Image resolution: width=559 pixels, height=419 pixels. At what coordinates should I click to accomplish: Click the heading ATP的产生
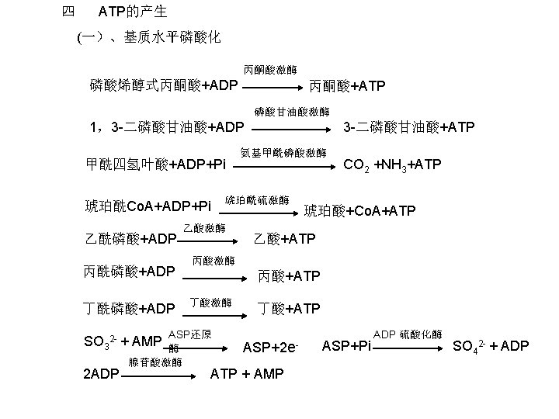[x=133, y=12]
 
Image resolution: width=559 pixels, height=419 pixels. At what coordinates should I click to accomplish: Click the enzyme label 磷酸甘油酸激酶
[x=292, y=111]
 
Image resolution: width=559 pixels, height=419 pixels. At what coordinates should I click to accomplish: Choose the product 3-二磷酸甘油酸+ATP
[x=409, y=126]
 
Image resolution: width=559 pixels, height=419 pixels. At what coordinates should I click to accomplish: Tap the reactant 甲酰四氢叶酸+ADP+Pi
[x=155, y=164]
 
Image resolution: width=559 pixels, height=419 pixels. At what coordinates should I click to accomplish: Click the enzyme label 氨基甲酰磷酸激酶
[x=283, y=152]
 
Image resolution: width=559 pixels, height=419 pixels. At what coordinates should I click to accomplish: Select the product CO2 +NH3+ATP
[x=393, y=164]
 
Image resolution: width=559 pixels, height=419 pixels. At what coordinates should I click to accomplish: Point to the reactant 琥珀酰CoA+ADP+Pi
[x=147, y=206]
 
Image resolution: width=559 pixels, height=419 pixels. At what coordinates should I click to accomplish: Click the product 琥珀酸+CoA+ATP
[x=359, y=211]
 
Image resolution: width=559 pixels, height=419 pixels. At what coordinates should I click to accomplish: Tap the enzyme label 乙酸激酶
[x=205, y=227]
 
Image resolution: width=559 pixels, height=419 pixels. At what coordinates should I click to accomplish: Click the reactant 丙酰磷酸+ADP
[x=128, y=272]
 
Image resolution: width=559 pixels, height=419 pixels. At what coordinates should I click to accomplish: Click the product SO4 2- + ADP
[x=491, y=345]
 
